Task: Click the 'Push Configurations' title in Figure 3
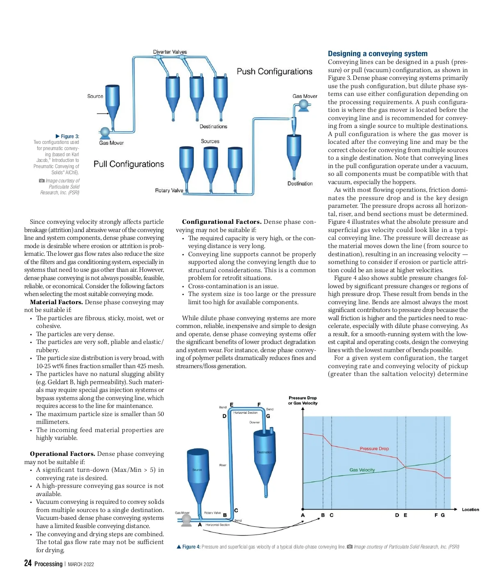point(274,71)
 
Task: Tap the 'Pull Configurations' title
point(129,164)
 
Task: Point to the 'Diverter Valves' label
point(170,52)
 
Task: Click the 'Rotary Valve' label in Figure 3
point(169,190)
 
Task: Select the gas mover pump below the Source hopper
point(105,132)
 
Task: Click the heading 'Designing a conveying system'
point(377,54)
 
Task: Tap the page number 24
point(28,563)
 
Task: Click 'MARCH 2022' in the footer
point(81,564)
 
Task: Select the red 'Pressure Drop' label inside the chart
point(374,449)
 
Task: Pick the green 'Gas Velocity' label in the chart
point(362,470)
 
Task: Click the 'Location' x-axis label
point(470,510)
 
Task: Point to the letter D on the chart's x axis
point(397,515)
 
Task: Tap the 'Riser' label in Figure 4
point(223,465)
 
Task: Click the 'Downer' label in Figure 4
point(254,422)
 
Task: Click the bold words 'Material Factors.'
point(56,302)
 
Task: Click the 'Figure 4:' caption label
point(191,546)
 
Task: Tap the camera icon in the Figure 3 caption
point(41,181)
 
